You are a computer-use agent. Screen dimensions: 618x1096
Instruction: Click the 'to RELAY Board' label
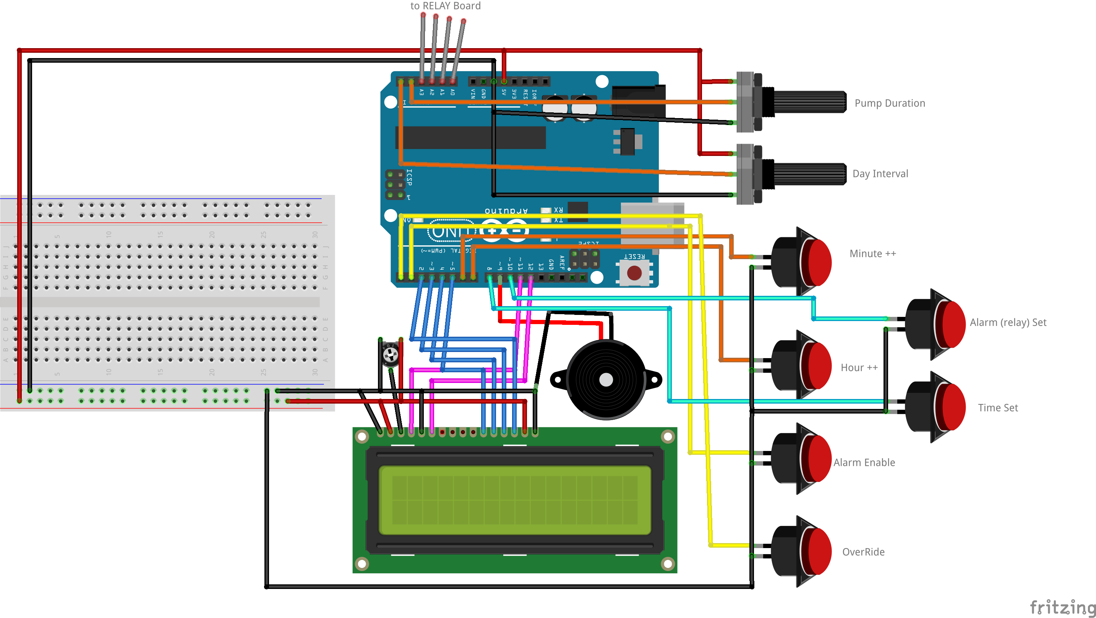click(445, 6)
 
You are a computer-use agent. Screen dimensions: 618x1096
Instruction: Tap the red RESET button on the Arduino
click(634, 273)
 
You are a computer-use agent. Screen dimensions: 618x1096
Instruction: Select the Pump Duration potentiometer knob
click(808, 102)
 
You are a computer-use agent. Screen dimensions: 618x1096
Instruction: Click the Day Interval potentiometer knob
click(808, 174)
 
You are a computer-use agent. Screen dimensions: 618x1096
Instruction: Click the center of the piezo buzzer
click(606, 380)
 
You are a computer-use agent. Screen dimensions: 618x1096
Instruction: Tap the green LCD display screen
click(514, 500)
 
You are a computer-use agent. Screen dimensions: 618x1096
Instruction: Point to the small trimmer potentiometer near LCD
click(390, 354)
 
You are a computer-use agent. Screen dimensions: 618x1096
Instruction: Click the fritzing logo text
click(1062, 607)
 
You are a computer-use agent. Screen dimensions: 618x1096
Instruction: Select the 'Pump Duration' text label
click(890, 104)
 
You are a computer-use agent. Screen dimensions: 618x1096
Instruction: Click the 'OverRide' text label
click(863, 552)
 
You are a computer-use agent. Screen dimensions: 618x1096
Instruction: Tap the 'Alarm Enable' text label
click(864, 463)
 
